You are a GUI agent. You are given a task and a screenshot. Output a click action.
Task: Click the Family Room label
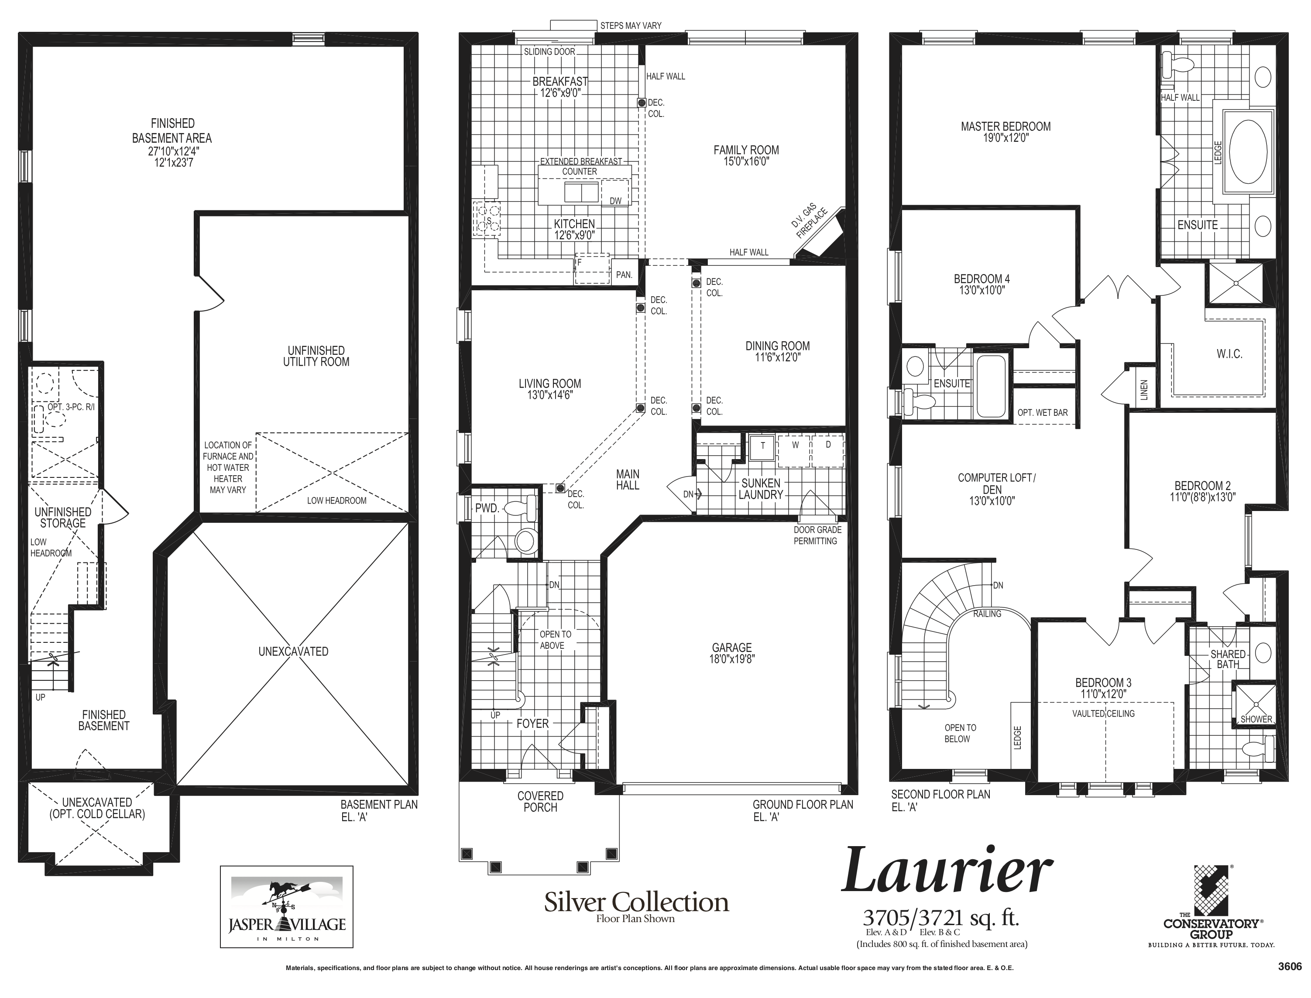pos(746,150)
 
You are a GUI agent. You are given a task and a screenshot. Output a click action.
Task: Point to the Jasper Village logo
pos(287,906)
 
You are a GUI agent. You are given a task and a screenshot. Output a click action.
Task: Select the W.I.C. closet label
pos(1229,354)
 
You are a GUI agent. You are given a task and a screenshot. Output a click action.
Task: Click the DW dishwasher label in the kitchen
pos(615,201)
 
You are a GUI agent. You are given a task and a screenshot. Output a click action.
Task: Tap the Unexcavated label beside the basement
pos(293,652)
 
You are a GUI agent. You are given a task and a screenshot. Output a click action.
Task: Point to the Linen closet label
pos(1145,390)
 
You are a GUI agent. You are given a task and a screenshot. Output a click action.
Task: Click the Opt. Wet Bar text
pos(1043,413)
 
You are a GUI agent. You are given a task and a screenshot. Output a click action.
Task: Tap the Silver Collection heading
pos(636,902)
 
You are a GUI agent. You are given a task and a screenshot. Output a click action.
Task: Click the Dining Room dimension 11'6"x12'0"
pos(778,358)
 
